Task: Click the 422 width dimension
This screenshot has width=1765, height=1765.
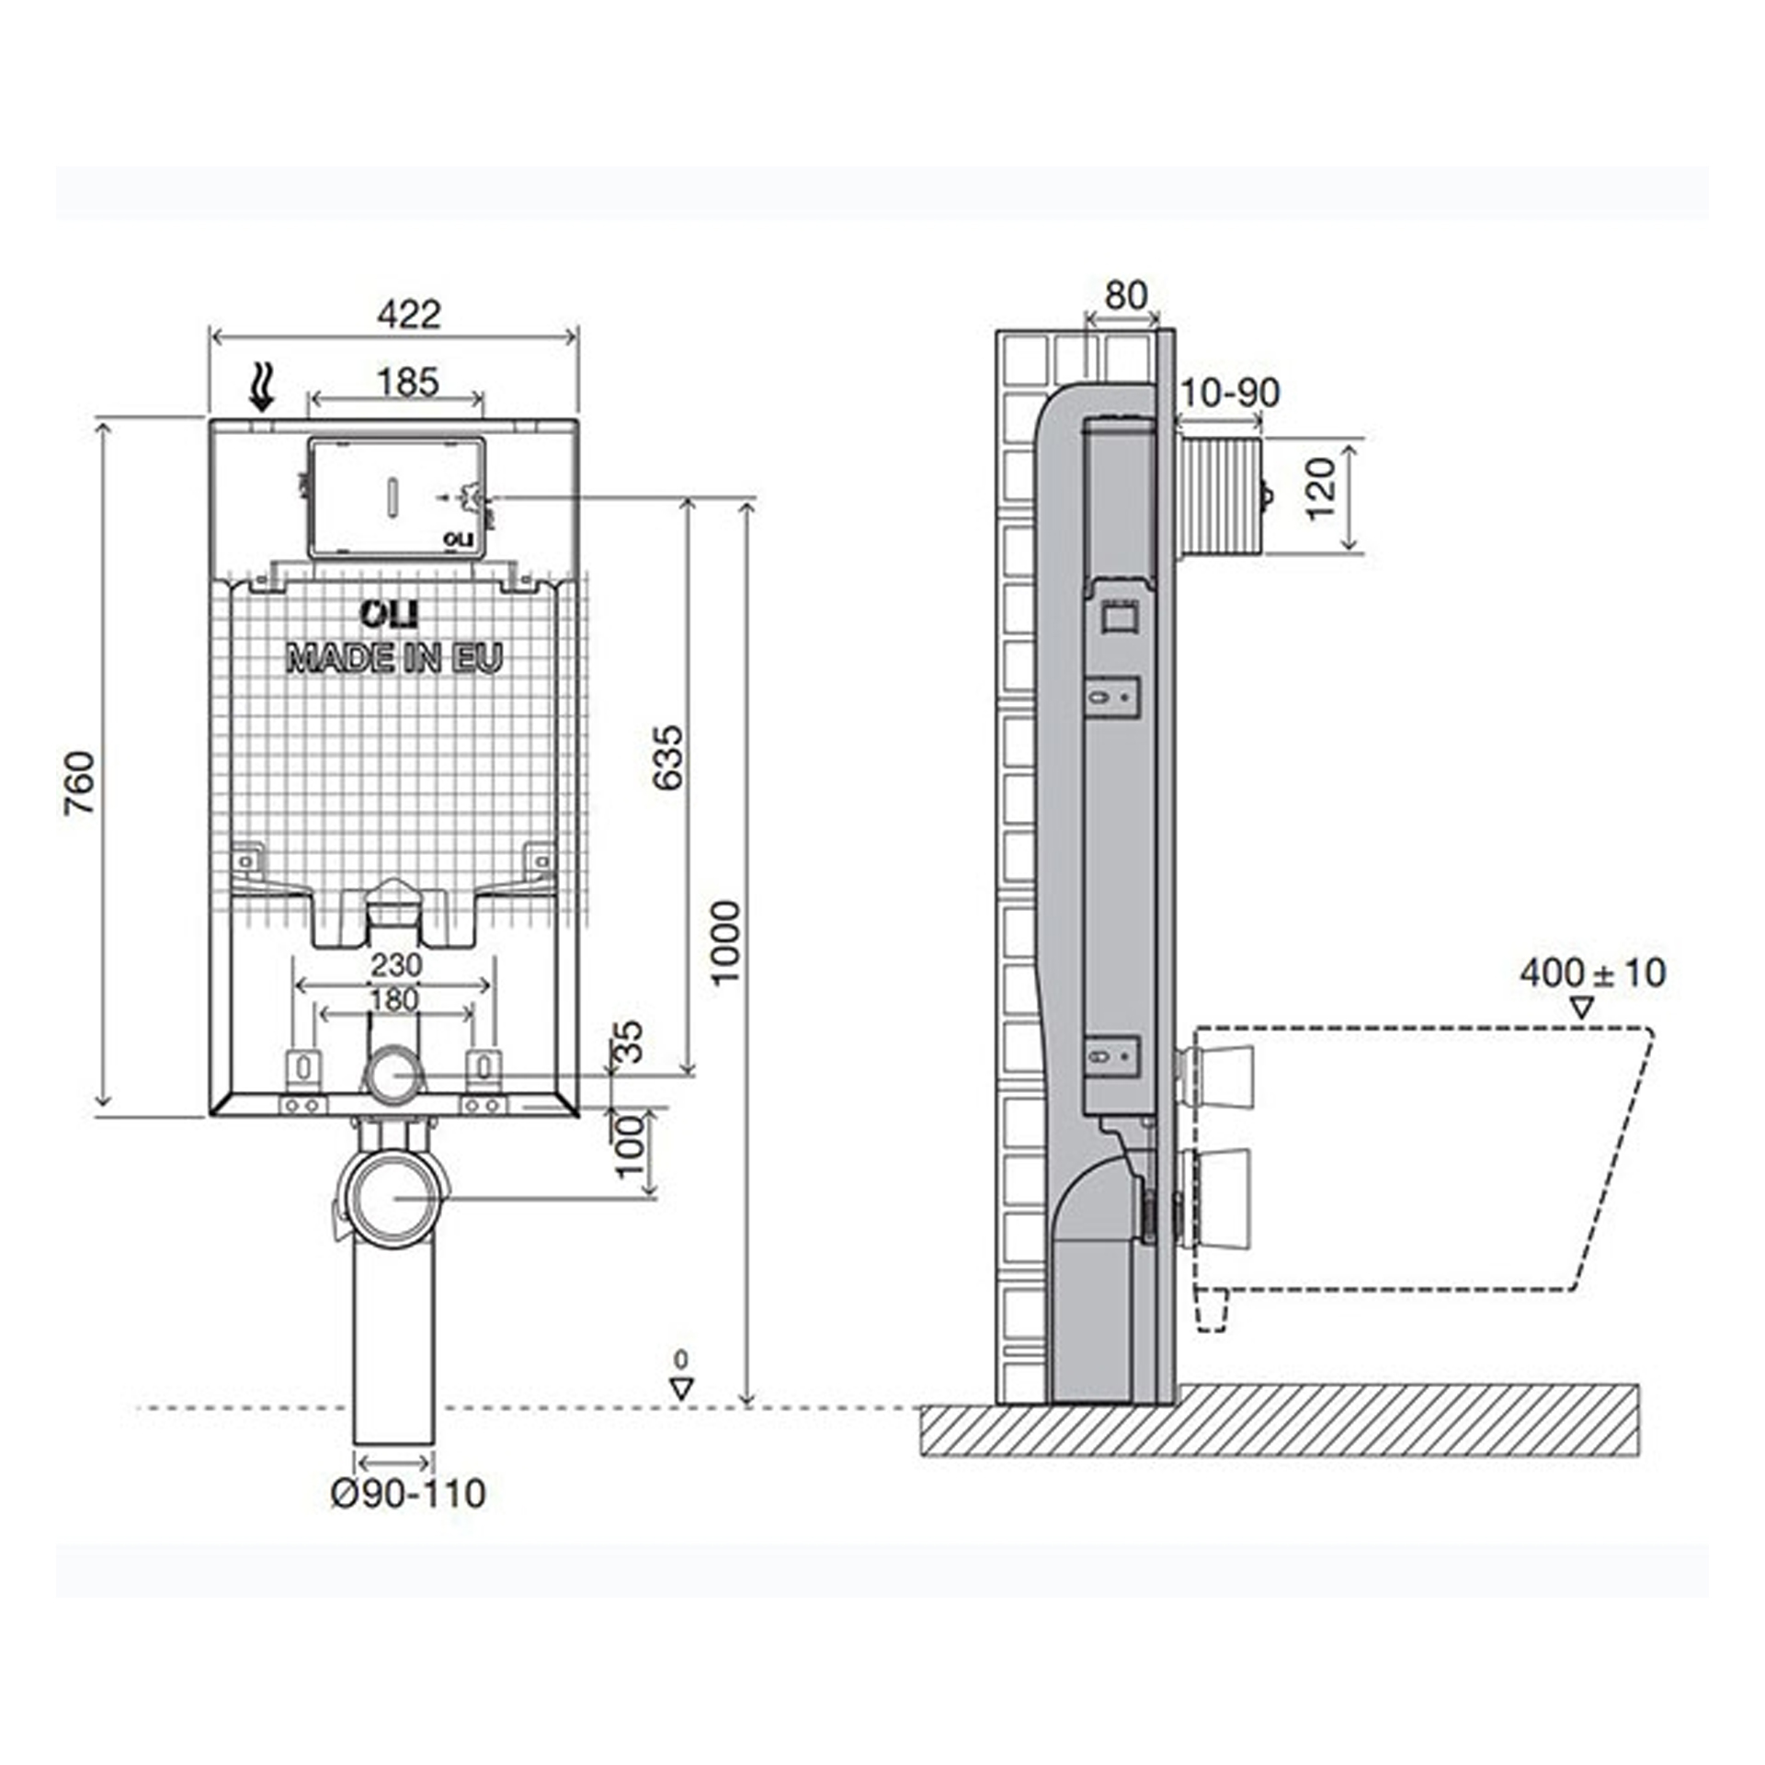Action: pyautogui.click(x=408, y=314)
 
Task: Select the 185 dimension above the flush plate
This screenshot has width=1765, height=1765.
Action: pyautogui.click(x=408, y=381)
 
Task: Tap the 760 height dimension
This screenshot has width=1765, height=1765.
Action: pyautogui.click(x=81, y=782)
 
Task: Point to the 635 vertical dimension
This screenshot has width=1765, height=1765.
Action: pyautogui.click(x=668, y=757)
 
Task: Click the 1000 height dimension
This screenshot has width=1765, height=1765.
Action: pyautogui.click(x=726, y=942)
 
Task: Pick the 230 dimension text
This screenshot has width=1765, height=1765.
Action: pyautogui.click(x=396, y=965)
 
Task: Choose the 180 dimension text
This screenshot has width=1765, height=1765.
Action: pyautogui.click(x=393, y=999)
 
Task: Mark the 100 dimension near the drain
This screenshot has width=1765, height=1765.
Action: pyautogui.click(x=631, y=1147)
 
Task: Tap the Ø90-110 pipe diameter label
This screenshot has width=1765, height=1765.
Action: pyautogui.click(x=408, y=1494)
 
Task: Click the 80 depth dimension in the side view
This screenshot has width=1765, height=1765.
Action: pyautogui.click(x=1125, y=296)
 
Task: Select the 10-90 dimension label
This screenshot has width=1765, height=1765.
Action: pyautogui.click(x=1229, y=393)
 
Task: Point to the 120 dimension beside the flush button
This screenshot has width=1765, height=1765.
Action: pyautogui.click(x=1320, y=489)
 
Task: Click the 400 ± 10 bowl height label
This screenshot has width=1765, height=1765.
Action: pyautogui.click(x=1592, y=973)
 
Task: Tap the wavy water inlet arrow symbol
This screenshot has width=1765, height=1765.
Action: pyautogui.click(x=263, y=386)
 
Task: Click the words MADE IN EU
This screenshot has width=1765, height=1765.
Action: pyautogui.click(x=395, y=658)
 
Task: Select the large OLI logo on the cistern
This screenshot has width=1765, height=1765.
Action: pyautogui.click(x=389, y=613)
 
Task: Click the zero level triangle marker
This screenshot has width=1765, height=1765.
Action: pyautogui.click(x=680, y=1388)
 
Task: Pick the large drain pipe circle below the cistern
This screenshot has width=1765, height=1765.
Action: pyautogui.click(x=394, y=1197)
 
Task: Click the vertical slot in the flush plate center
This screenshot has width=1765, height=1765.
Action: pyautogui.click(x=395, y=496)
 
